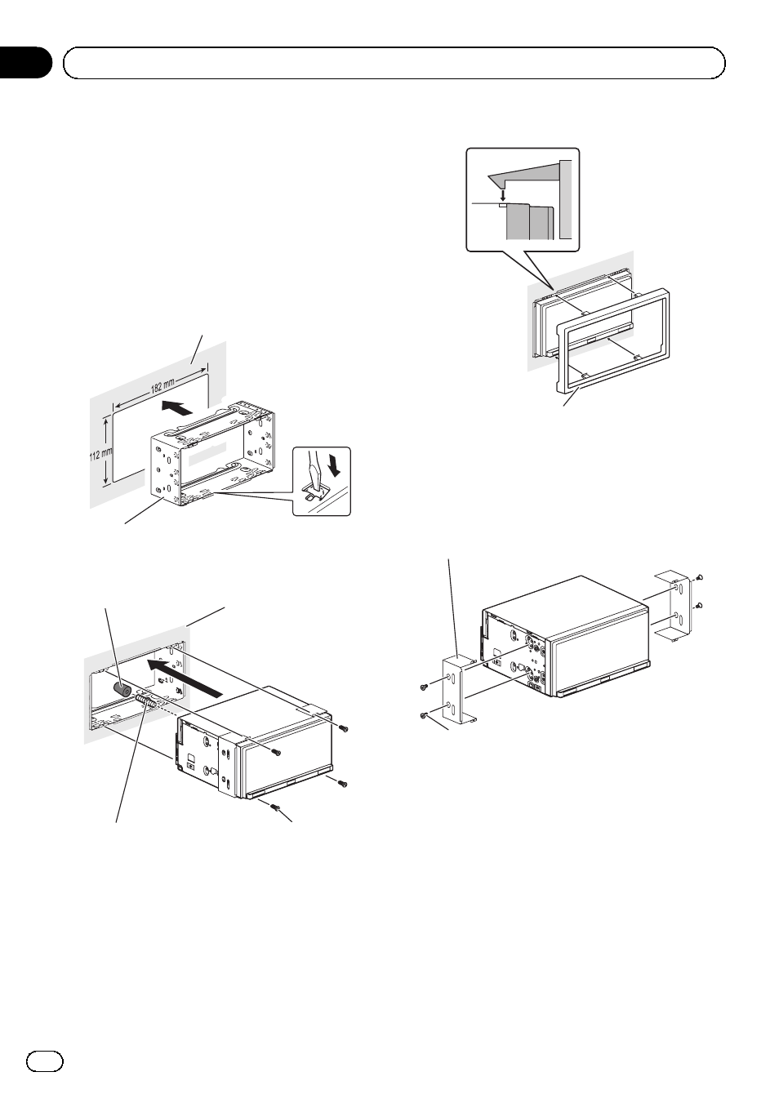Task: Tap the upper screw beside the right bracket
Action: tap(701, 578)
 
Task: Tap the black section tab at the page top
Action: tap(24, 62)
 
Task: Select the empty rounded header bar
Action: tap(394, 62)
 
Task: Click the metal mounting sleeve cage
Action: tap(212, 457)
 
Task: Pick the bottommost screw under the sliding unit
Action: tap(277, 808)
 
